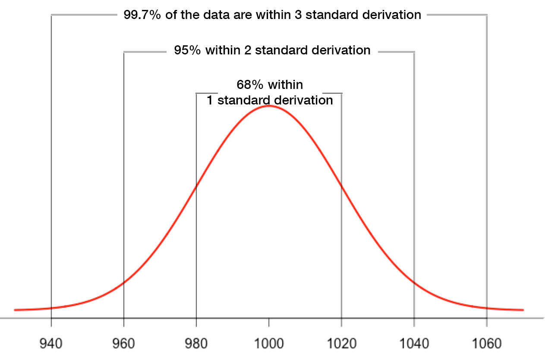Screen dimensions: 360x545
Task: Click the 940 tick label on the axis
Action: [x=51, y=344]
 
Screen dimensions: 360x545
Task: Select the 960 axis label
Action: [x=124, y=344]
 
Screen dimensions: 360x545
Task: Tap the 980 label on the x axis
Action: [x=196, y=344]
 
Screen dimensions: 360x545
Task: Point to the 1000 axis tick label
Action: [x=269, y=344]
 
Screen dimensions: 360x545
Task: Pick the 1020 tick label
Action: [x=341, y=344]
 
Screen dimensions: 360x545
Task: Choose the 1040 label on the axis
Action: [x=414, y=344]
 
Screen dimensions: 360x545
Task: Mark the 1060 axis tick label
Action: [x=487, y=344]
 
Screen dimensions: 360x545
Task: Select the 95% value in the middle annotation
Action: [x=187, y=50]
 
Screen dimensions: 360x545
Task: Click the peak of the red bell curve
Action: [x=269, y=106]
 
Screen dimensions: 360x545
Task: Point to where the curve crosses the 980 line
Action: [x=196, y=186]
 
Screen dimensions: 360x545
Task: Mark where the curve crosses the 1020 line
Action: [x=341, y=186]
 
